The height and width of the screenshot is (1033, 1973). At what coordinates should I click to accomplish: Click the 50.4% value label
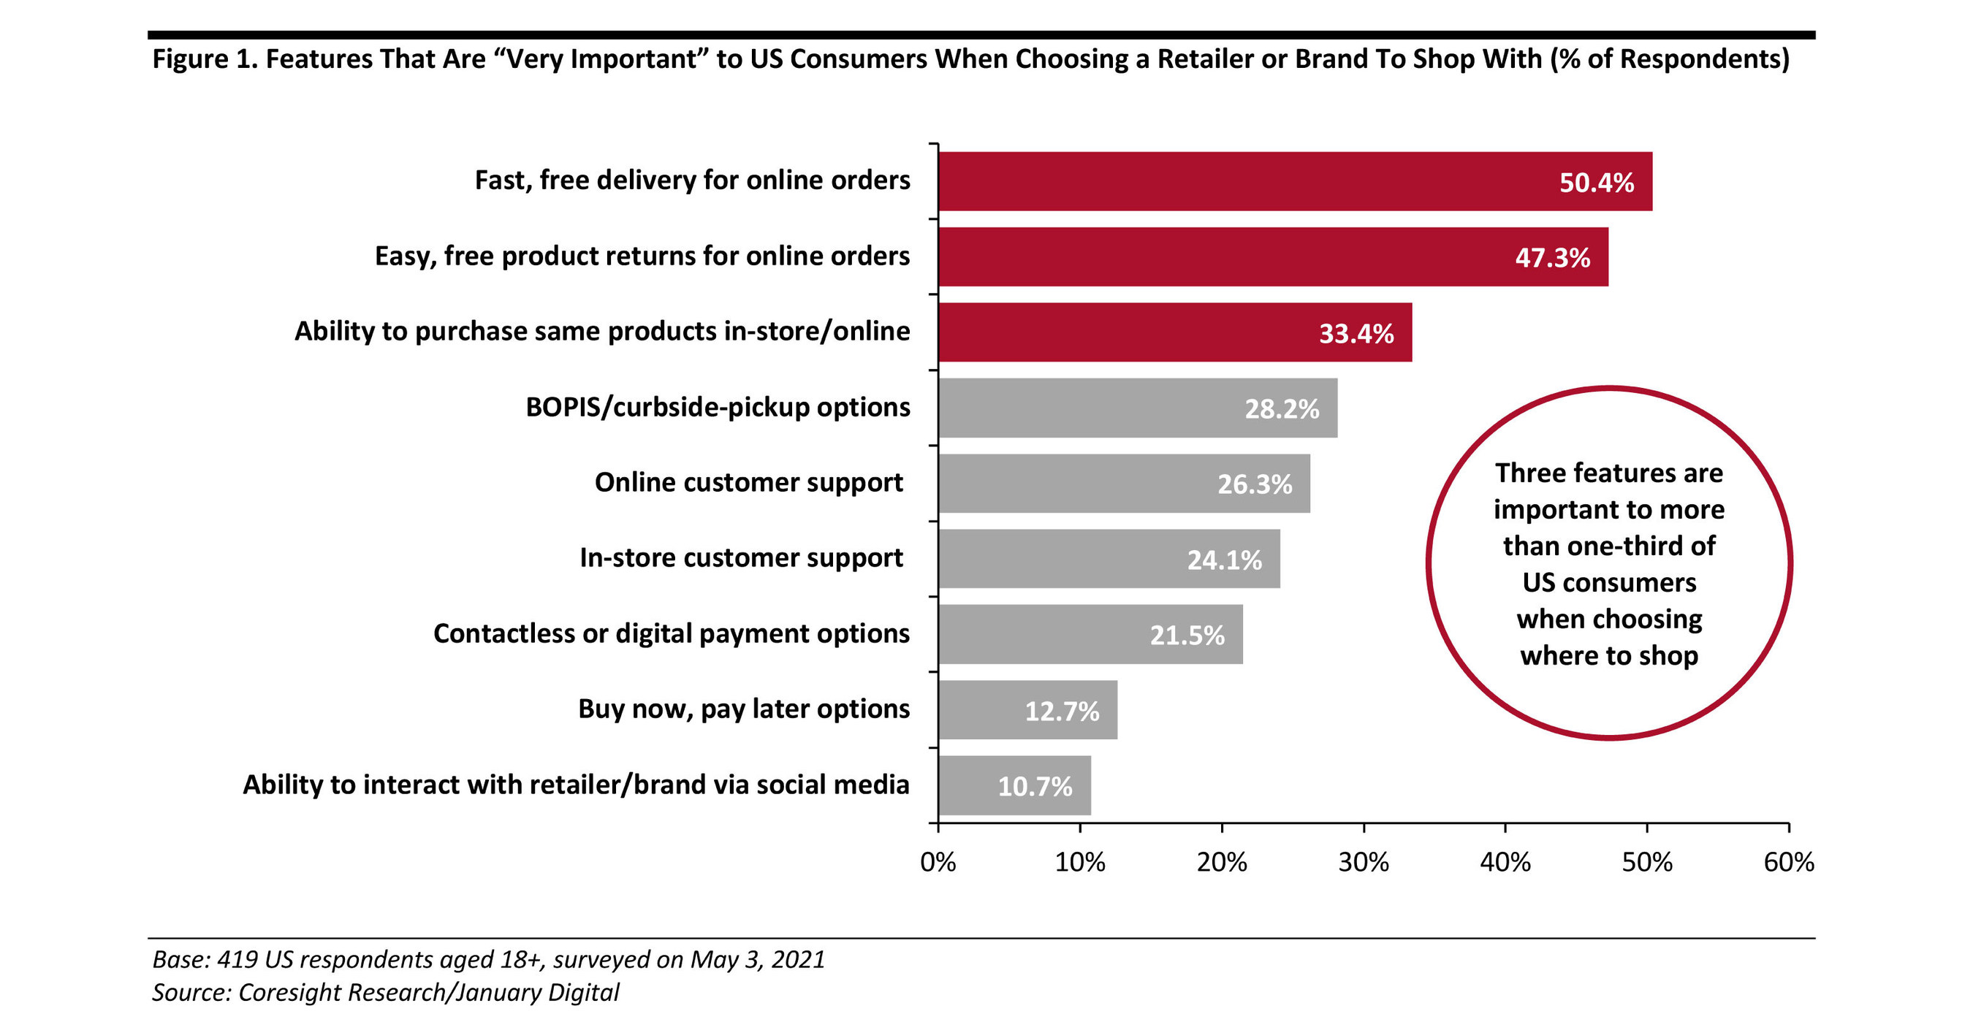(x=1596, y=182)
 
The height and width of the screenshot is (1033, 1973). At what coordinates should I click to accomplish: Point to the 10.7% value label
(x=1034, y=786)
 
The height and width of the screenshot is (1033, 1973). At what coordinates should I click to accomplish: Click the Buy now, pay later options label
(x=744, y=709)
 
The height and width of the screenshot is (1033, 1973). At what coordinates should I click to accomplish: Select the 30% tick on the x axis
(x=1364, y=862)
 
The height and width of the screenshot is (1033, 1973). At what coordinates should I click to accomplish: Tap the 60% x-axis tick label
(x=1787, y=862)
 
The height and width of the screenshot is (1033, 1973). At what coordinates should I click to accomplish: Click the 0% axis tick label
(x=938, y=862)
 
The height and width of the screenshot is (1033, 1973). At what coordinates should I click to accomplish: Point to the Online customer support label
(x=748, y=482)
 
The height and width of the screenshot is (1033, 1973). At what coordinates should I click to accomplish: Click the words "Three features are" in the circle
(x=1608, y=473)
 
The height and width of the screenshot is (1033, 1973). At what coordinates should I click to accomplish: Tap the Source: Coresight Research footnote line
(x=385, y=992)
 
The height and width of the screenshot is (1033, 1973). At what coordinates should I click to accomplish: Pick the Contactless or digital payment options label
(x=671, y=633)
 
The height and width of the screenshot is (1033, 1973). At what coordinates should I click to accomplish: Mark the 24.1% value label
(x=1224, y=560)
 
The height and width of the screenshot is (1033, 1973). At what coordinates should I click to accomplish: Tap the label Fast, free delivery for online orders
(x=691, y=180)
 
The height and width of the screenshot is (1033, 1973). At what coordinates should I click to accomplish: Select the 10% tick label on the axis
(x=1079, y=862)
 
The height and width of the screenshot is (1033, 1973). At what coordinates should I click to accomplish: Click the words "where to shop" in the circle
(x=1608, y=655)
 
